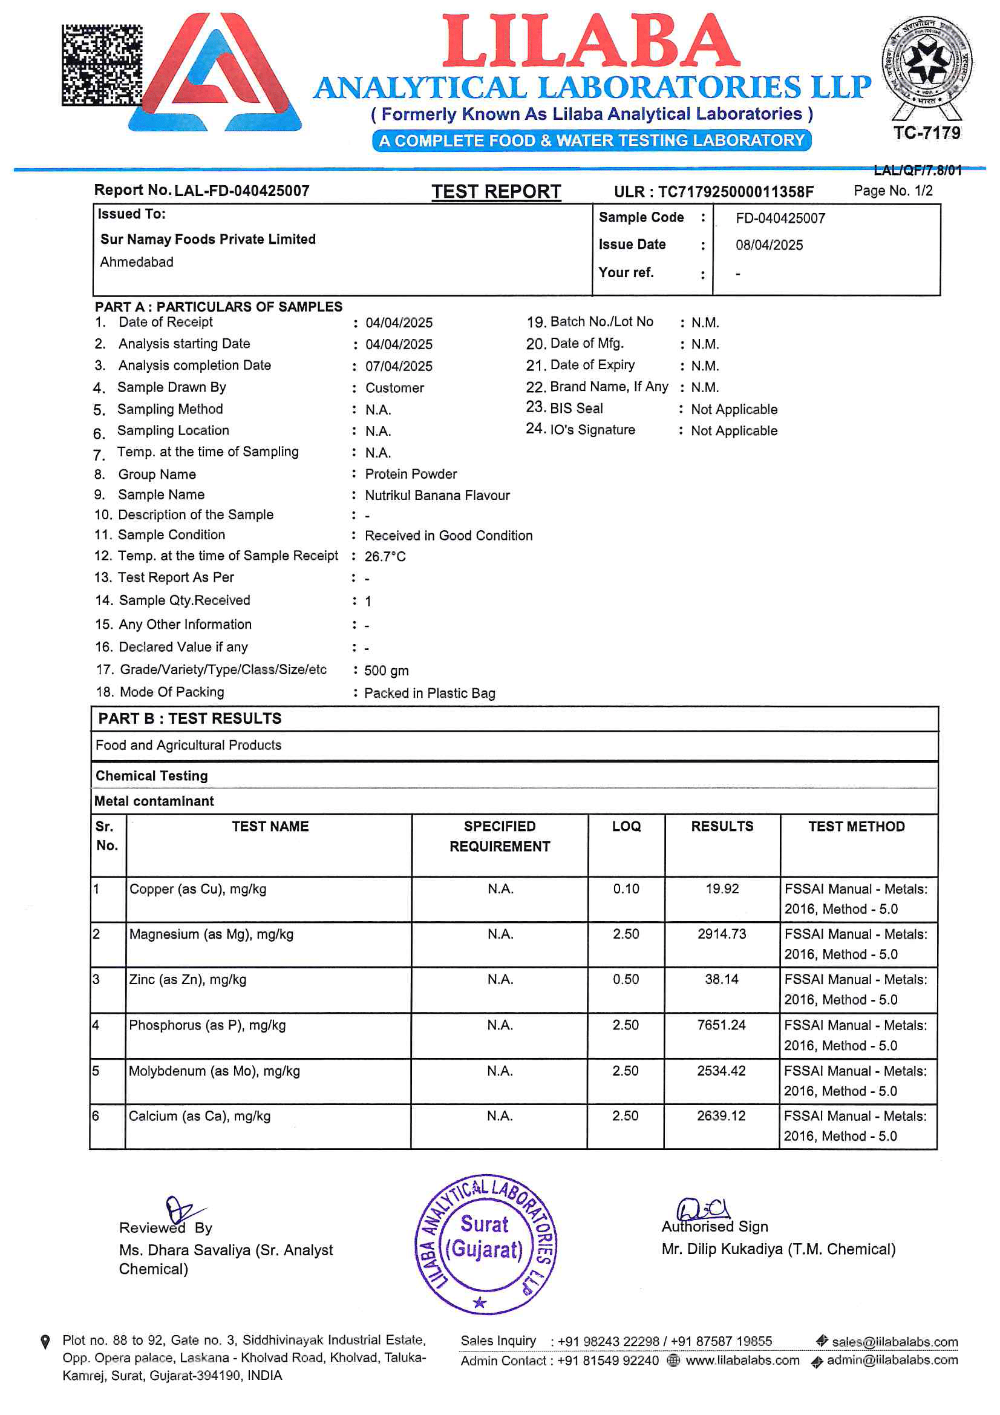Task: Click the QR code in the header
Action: tap(102, 65)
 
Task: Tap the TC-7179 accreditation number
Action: tap(926, 133)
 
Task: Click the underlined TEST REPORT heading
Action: tap(496, 192)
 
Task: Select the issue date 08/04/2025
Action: tap(769, 245)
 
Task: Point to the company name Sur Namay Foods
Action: tap(208, 239)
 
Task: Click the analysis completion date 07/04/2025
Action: tap(399, 366)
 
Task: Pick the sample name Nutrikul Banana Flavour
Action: tap(437, 496)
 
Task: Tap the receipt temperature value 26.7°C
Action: tap(385, 557)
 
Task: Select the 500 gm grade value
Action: tap(387, 671)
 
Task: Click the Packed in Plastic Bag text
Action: tap(430, 694)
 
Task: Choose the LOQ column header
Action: tap(626, 827)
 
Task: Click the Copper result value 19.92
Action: tap(722, 888)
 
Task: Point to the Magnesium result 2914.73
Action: tap(722, 934)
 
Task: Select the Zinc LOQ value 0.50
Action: tap(626, 979)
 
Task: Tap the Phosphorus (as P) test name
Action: tap(207, 1025)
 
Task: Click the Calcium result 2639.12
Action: tap(721, 1115)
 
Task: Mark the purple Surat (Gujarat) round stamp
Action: tap(486, 1244)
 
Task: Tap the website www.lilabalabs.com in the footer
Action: tap(742, 1360)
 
